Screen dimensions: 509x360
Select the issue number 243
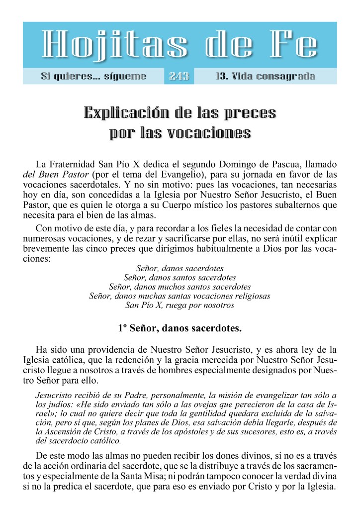pos(179,77)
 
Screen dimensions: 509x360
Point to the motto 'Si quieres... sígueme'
pos(93,77)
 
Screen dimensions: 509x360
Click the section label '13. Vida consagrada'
pos(266,77)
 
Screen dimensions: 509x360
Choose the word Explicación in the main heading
pos(133,113)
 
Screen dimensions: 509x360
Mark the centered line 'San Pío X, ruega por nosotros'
pos(180,305)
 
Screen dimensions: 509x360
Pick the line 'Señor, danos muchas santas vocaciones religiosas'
pos(180,296)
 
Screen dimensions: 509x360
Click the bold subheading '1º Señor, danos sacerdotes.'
pos(180,328)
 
